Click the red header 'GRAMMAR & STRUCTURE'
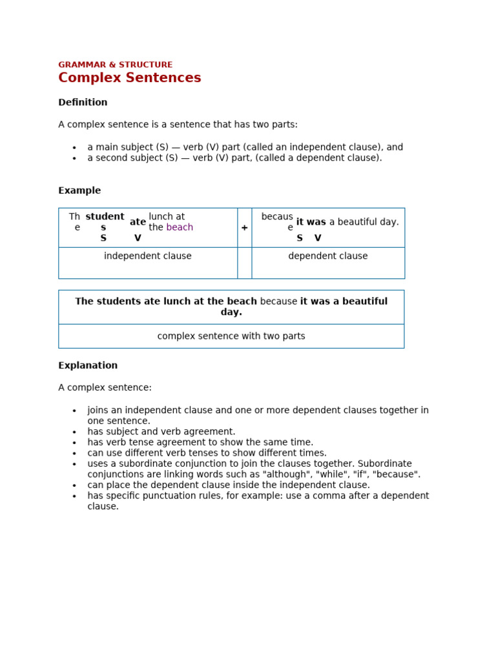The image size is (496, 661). (115, 65)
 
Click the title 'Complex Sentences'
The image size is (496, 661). (129, 79)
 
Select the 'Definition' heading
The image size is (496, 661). (83, 103)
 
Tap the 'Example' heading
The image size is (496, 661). (79, 191)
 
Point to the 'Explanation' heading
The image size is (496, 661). (88, 366)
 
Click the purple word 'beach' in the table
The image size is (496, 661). (180, 228)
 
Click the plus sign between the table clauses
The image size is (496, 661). (244, 228)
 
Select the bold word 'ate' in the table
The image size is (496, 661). (138, 223)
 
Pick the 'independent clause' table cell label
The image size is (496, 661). (147, 256)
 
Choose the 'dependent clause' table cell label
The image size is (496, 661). (327, 256)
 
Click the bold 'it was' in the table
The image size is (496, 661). (311, 223)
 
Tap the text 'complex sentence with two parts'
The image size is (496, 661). (231, 336)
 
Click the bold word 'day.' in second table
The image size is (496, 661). (231, 312)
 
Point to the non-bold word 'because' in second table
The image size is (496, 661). (278, 301)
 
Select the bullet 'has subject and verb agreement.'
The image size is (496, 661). (161, 432)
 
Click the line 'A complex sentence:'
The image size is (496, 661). (105, 388)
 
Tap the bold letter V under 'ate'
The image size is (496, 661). (138, 238)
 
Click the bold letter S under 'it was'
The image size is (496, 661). (300, 238)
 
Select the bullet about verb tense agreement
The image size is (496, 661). (200, 443)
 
